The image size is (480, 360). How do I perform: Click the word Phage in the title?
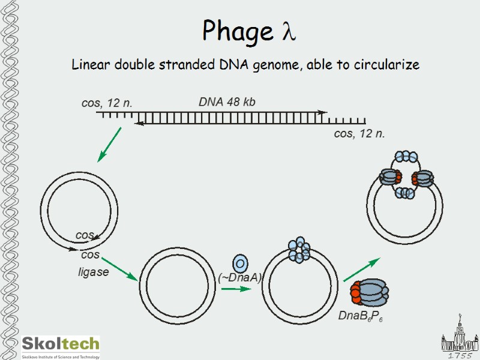coord(238,31)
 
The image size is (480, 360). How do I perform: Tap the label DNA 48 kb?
coord(227,102)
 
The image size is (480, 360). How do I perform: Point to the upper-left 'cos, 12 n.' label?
coord(107,103)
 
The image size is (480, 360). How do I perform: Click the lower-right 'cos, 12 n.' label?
coord(359,133)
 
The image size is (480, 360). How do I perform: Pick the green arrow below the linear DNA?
coord(110,144)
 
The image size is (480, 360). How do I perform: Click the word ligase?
coord(94,272)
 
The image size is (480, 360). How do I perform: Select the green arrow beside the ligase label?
coord(119,268)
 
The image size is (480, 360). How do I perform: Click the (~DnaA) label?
coord(240,277)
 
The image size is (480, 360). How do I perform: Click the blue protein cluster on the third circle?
coord(299,250)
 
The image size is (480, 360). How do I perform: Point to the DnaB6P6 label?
coord(360,316)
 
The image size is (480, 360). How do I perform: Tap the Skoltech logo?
coord(61,347)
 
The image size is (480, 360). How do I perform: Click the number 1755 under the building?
coord(460,355)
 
